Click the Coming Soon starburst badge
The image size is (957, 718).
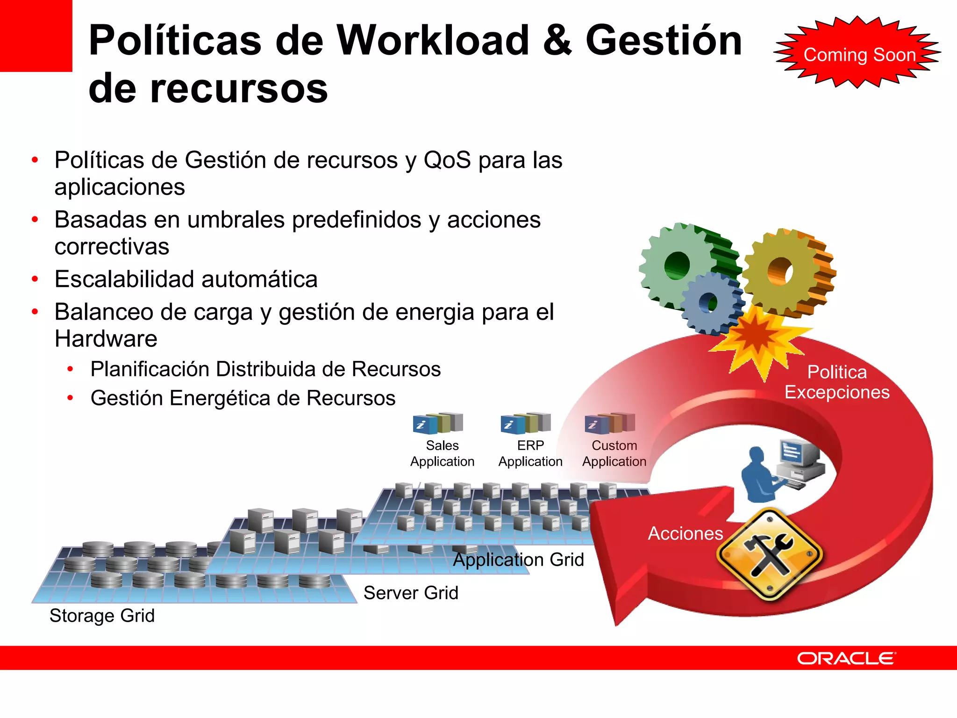[x=858, y=54]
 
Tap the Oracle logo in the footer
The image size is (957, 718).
[x=846, y=658]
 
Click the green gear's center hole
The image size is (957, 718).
[x=677, y=266]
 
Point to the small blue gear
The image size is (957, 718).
[x=711, y=303]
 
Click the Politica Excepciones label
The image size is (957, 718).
[x=837, y=382]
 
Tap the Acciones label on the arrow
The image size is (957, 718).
[x=685, y=533]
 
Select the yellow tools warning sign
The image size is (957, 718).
[x=770, y=555]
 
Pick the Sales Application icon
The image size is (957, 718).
[x=438, y=423]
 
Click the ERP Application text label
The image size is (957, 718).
[x=530, y=453]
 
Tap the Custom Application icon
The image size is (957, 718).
[x=610, y=423]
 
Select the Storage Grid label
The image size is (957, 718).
[x=102, y=616]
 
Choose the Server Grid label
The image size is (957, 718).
[x=411, y=593]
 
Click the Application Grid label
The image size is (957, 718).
[x=519, y=560]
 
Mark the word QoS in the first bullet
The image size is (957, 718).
[x=447, y=160]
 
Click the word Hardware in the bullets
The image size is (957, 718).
[x=106, y=339]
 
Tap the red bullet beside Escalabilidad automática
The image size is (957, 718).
[x=35, y=280]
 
